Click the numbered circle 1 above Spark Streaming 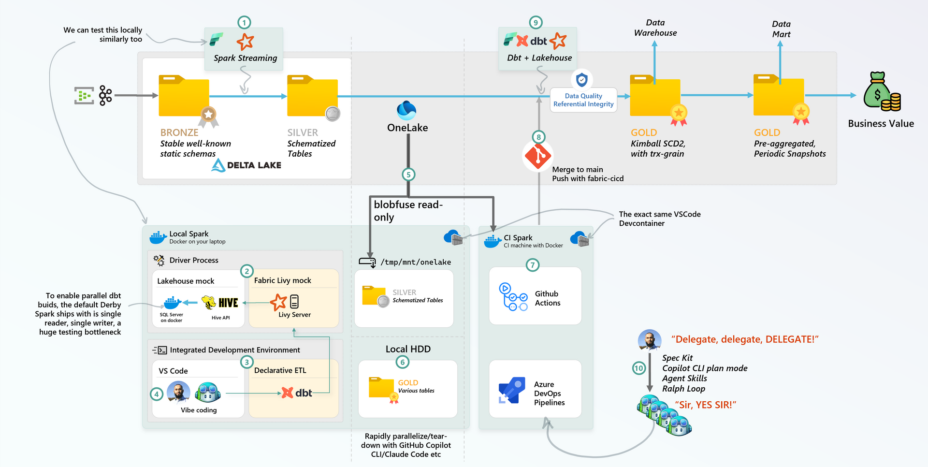point(244,22)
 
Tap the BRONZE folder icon point(184,96)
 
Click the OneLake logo point(406,111)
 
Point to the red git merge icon point(538,156)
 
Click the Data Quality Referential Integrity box point(583,100)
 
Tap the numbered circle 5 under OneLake point(408,175)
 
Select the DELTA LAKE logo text point(246,165)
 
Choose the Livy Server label point(294,315)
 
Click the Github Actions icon point(512,297)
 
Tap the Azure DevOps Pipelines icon point(512,391)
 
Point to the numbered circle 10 point(638,368)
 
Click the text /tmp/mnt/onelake point(416,262)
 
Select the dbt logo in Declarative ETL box point(297,393)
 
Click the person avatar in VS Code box point(178,392)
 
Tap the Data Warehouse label point(655,28)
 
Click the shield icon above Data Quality point(582,79)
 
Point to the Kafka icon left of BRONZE point(105,95)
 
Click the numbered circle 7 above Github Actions point(532,265)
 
